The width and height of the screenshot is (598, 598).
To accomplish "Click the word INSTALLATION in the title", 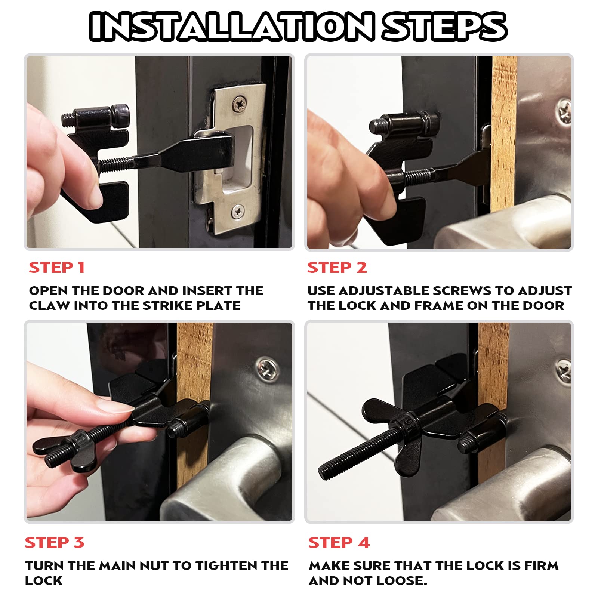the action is coord(232,26).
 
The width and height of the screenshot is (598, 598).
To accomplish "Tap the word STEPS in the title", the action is coord(444,26).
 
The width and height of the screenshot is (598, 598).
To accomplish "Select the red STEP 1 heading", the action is coord(57,268).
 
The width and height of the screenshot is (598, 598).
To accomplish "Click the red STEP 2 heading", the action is coord(337,268).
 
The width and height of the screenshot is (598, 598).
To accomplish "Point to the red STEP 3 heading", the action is coord(55,542).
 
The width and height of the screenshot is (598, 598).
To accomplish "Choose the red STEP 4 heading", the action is coord(339,542).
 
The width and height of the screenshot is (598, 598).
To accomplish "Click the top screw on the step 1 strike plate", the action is coord(239,102).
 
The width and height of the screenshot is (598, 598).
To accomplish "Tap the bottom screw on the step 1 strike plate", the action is coord(238,211).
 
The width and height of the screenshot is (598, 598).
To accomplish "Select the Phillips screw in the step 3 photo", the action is coord(267,368).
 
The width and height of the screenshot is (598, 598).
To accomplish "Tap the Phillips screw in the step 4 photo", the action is coord(563,370).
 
